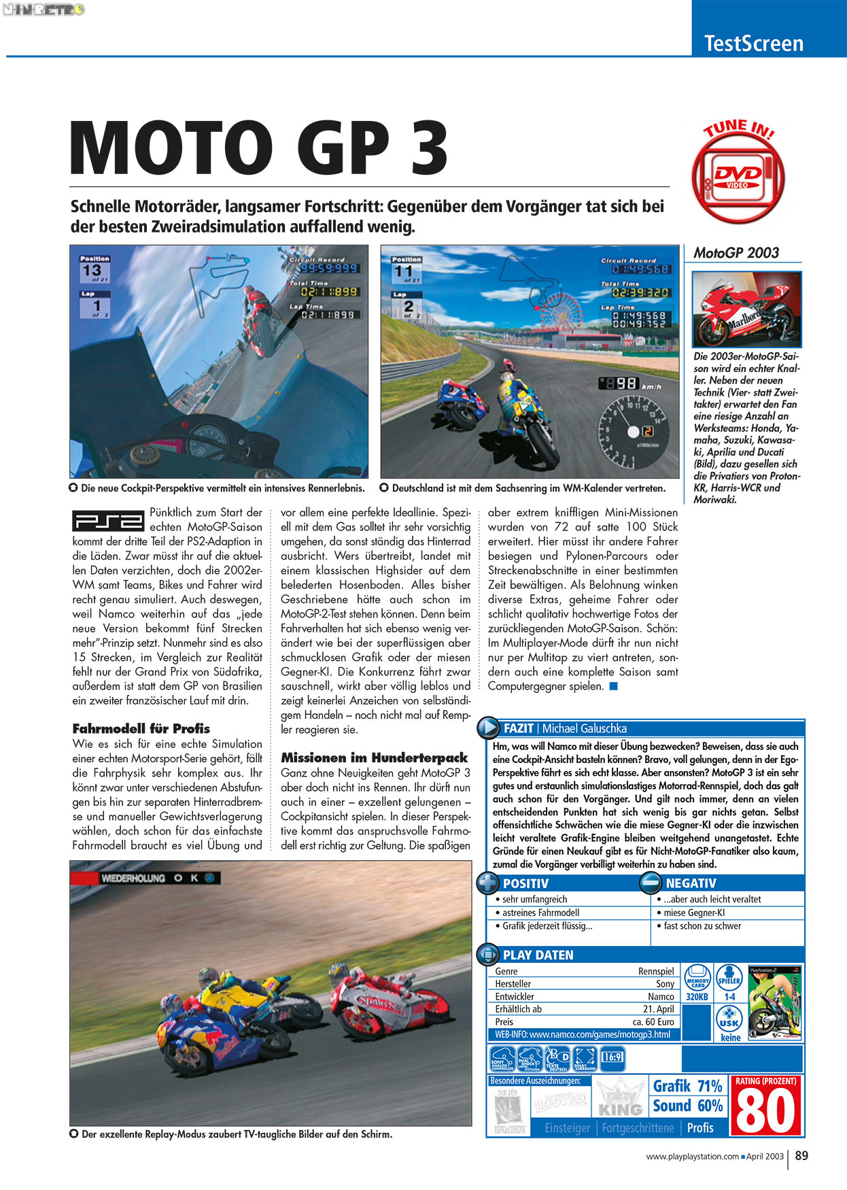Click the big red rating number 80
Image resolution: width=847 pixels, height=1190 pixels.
(x=766, y=1111)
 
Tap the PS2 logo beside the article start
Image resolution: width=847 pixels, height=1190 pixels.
(x=108, y=520)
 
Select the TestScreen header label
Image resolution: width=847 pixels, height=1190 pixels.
(x=754, y=44)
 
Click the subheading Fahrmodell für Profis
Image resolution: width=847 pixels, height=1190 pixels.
(x=141, y=728)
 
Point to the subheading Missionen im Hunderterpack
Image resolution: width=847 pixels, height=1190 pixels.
(x=375, y=758)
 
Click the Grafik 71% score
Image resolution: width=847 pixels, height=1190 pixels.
(x=687, y=1086)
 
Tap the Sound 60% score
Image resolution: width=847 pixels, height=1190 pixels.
(x=687, y=1106)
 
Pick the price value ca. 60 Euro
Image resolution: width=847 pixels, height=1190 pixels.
(x=653, y=1021)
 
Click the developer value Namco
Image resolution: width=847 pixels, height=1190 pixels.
(x=661, y=996)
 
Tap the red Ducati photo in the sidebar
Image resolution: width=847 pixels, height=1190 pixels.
(x=746, y=309)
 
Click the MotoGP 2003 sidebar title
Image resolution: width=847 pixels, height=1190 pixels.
(x=736, y=253)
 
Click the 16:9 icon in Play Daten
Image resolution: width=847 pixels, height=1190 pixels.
(x=612, y=1057)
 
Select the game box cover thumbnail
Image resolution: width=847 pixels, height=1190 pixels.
(x=774, y=1002)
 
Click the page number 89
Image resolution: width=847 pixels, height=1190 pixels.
(x=801, y=1155)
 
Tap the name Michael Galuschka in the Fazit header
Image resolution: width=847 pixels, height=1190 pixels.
(x=584, y=728)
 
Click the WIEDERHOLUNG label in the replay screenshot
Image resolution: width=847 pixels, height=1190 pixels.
(x=133, y=878)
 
